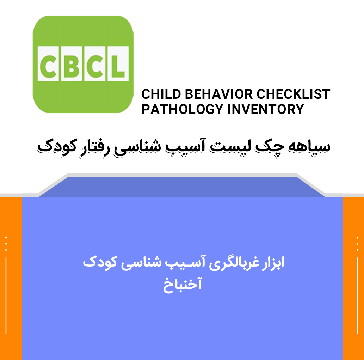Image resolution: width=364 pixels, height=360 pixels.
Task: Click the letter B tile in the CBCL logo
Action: (72, 63)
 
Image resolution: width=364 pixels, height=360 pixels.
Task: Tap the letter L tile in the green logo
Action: (118, 63)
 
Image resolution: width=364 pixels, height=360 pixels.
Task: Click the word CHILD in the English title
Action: (161, 94)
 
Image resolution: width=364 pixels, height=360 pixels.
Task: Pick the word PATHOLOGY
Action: (183, 109)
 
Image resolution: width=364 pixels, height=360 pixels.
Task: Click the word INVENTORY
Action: (266, 109)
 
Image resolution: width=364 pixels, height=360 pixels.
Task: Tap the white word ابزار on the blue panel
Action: (273, 263)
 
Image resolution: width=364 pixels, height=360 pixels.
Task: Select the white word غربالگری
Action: (234, 264)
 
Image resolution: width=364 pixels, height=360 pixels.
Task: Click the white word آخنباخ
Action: (183, 285)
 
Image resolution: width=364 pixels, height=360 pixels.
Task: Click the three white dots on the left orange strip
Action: (6, 244)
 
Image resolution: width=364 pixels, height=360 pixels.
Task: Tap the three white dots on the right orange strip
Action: (357, 244)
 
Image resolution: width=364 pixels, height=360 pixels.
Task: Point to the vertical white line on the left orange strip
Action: (6, 295)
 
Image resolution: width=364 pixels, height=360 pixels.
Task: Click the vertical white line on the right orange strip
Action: (357, 295)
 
